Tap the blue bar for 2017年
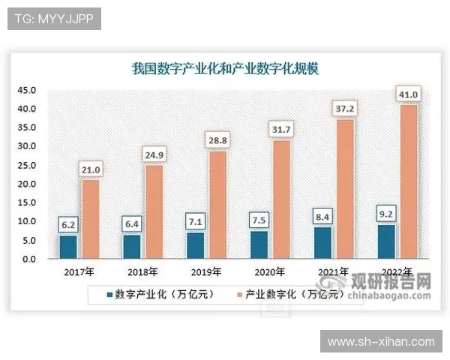tap(68, 247)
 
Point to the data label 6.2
tap(67, 224)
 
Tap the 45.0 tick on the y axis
tap(28, 90)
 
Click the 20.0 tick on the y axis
tap(28, 184)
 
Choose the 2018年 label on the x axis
tap(141, 271)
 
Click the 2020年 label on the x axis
tap(269, 271)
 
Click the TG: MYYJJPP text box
tap(53, 19)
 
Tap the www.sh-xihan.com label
tap(380, 342)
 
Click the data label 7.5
tap(258, 220)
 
